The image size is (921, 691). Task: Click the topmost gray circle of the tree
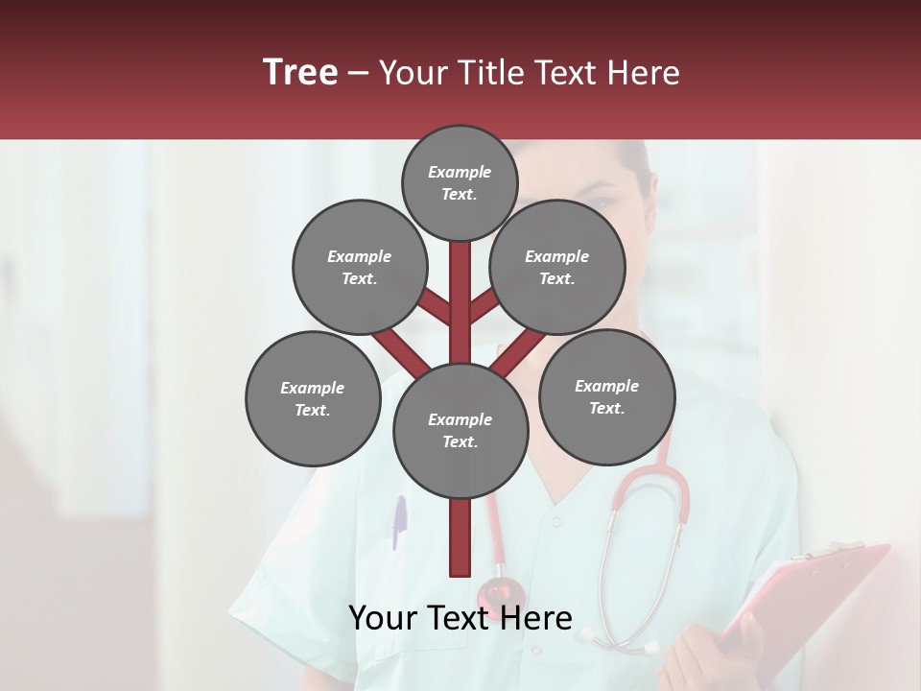click(460, 182)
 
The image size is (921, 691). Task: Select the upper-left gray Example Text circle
click(359, 267)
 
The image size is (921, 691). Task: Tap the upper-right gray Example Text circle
click(557, 267)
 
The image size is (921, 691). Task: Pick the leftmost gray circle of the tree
click(313, 398)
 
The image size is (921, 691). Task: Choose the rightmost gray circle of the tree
click(606, 396)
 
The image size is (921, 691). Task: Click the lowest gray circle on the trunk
click(460, 430)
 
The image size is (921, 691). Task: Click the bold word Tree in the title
click(300, 72)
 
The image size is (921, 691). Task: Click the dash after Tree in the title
click(358, 73)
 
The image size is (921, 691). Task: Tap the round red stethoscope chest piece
click(501, 592)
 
